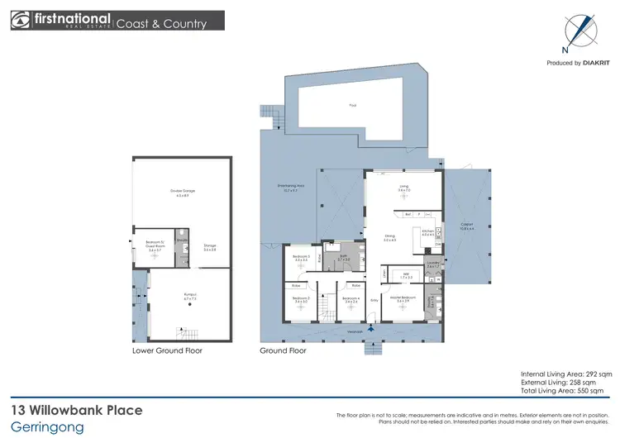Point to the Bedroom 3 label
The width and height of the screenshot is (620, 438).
coord(302,258)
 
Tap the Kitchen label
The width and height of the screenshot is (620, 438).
coord(427,233)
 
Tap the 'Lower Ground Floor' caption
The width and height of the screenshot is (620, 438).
coord(167,350)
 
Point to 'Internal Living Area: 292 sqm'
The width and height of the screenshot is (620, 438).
coord(566,374)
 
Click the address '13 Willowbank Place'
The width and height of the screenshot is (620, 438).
coord(76,410)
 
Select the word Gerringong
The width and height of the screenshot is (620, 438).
coord(43,427)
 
